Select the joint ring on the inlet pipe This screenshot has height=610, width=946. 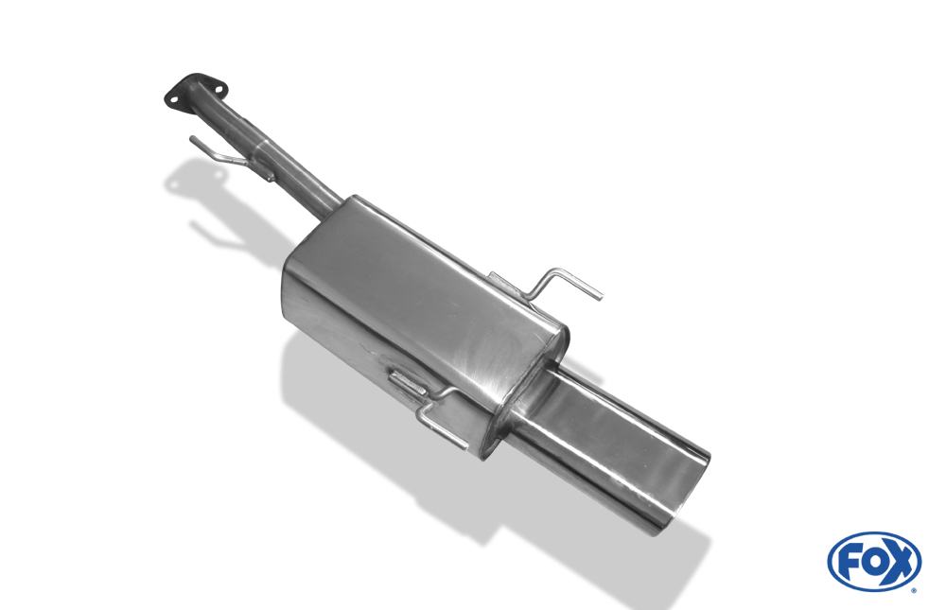click(x=261, y=148)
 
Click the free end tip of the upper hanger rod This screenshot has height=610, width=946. click(x=601, y=296)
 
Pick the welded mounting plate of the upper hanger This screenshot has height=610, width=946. click(x=507, y=287)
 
